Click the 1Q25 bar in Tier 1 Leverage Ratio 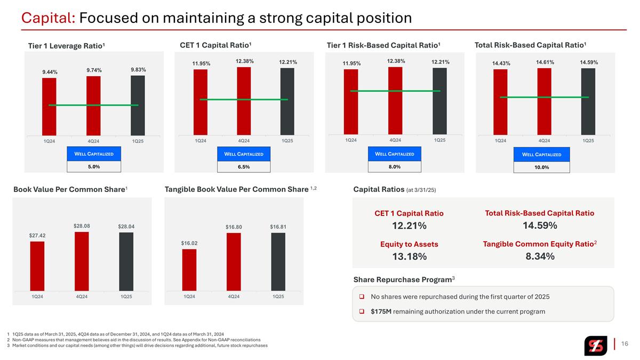(138, 106)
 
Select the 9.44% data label (50, 72)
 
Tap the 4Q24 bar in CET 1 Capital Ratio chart (244, 101)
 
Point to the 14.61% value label (545, 62)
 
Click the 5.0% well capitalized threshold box (94, 166)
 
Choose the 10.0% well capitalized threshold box (542, 167)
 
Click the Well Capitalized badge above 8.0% (395, 154)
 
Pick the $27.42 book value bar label (37, 235)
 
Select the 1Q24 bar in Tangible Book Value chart (189, 270)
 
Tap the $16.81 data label (278, 227)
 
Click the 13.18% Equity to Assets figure (410, 257)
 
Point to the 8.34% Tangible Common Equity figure (540, 257)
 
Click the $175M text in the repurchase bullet (381, 311)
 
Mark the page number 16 (625, 343)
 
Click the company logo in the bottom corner (596, 346)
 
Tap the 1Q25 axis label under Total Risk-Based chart (588, 141)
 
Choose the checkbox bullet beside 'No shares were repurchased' (362, 297)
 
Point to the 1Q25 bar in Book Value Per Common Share (126, 262)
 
